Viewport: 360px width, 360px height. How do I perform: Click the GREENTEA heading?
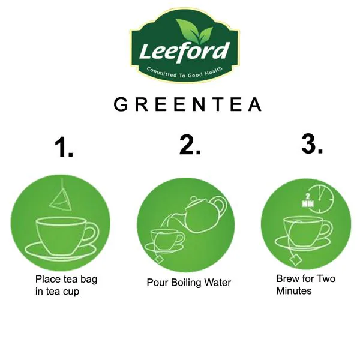coord(188,105)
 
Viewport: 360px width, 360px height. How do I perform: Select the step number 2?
coord(190,146)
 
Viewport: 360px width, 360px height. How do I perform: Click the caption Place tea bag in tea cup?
coord(65,285)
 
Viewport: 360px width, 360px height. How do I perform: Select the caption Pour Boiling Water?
coord(188,283)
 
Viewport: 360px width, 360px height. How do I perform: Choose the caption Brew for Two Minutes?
coord(305,284)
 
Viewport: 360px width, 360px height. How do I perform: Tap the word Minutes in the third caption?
coord(294,291)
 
